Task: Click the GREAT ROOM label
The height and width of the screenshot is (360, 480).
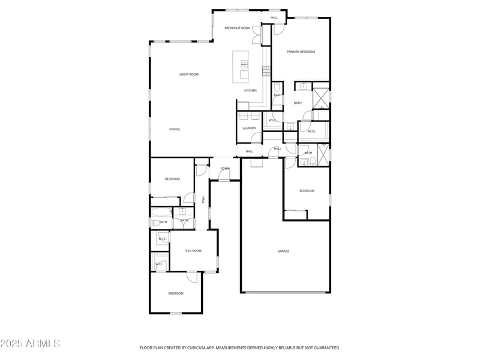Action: coord(189,74)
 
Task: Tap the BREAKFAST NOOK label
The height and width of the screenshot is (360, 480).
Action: coord(237,28)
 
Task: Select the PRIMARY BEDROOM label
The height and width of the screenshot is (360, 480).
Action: coord(301,52)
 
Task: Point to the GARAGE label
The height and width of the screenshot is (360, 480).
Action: coord(283,251)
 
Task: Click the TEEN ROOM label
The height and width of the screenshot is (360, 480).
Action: coord(193,251)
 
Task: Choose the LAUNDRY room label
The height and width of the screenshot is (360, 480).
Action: coord(250,128)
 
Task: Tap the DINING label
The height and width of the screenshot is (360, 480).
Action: coord(174,129)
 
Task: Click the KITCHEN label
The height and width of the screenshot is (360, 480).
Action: coord(250,91)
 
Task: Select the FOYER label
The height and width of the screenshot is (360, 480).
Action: coord(224,169)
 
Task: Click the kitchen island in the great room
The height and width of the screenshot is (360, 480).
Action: coord(241,65)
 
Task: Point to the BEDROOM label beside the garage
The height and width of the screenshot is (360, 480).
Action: coord(307,191)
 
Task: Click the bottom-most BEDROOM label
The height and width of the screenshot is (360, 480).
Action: coord(176,293)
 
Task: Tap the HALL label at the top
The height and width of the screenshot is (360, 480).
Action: coord(274,17)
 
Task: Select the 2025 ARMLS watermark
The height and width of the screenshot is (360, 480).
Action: coord(30,344)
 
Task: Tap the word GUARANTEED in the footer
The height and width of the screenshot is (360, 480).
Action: coord(324,347)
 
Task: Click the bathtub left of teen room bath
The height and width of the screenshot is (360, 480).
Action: coord(161,212)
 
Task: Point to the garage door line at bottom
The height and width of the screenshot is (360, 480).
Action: coord(285,292)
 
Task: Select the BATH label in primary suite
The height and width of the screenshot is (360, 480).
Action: coord(298,103)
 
